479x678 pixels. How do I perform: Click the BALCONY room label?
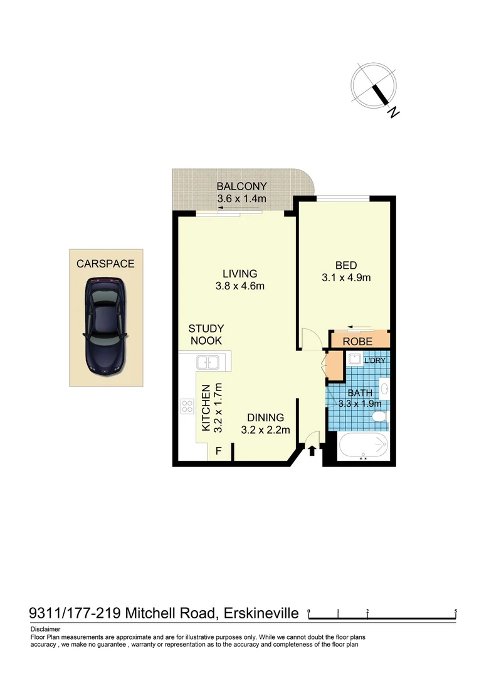coord(241,186)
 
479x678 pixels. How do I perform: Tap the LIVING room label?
coord(239,274)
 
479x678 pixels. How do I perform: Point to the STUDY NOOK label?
coord(206,335)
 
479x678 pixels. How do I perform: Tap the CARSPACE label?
coord(105,264)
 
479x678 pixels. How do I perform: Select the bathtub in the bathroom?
coord(362,447)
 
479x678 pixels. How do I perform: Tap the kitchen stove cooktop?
coord(187,406)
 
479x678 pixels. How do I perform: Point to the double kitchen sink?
coord(206,362)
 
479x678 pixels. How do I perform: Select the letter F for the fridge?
coord(219,451)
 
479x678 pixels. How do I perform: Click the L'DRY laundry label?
coord(374,361)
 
